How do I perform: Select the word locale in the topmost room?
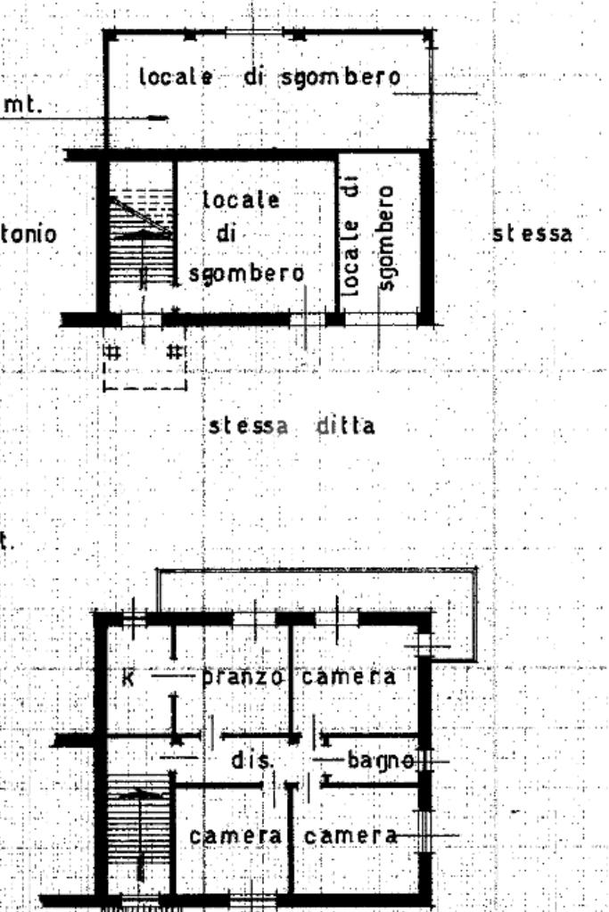[176, 77]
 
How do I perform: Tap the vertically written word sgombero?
[385, 237]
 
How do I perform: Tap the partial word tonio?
[29, 234]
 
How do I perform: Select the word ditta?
[345, 426]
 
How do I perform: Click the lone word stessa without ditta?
[531, 234]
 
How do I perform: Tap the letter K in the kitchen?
[128, 678]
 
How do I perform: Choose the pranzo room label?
[243, 677]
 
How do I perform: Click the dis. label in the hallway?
[250, 762]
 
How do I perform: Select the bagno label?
[380, 761]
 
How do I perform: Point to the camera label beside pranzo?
[349, 677]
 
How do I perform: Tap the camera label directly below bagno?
[350, 836]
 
